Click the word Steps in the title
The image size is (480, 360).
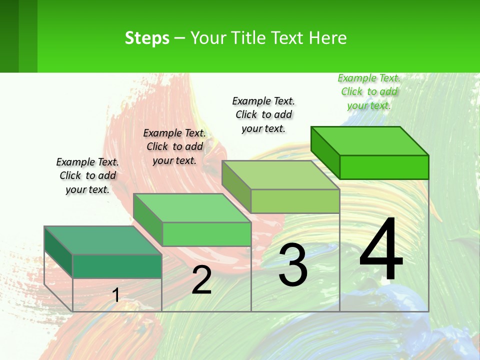147,38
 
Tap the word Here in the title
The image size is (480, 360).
327,38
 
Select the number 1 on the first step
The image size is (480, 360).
115,295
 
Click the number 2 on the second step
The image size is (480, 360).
201,280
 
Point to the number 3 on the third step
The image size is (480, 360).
292,265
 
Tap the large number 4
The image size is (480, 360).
381,250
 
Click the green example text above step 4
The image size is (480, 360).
369,92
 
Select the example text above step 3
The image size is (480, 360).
263,114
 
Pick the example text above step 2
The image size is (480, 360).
174,146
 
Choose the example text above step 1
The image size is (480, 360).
87,175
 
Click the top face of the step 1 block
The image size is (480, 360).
102,240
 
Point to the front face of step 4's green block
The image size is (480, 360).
384,167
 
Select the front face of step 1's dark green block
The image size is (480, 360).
117,266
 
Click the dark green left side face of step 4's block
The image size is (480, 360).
325,152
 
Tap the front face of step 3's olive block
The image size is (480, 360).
295,201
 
